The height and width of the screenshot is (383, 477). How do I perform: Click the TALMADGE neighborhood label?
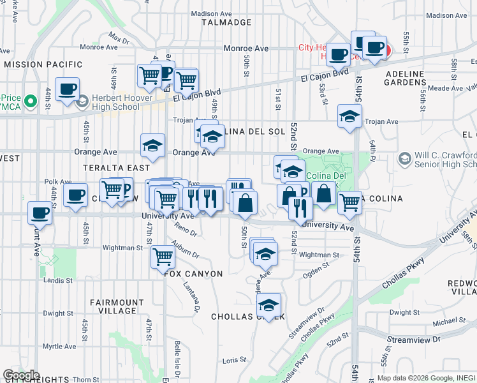pos(226,22)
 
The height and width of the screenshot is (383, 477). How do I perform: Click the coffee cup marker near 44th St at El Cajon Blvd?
pos(66,90)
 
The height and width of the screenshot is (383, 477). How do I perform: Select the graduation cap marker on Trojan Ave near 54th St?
pos(349,116)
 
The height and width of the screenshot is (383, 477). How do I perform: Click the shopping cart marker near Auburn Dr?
pos(163,257)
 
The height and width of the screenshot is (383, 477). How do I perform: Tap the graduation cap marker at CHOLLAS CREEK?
pos(269,304)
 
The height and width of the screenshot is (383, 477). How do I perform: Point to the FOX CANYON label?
pos(193,274)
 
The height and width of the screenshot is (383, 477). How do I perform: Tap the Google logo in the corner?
pos(20,375)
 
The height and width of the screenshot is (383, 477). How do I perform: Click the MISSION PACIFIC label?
pos(43,64)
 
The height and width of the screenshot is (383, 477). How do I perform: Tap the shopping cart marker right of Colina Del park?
pos(349,202)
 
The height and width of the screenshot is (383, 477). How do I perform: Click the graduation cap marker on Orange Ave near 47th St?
pos(152,146)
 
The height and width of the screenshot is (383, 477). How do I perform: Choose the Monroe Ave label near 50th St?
pos(246,49)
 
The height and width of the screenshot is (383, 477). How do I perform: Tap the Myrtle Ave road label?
pos(59,347)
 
